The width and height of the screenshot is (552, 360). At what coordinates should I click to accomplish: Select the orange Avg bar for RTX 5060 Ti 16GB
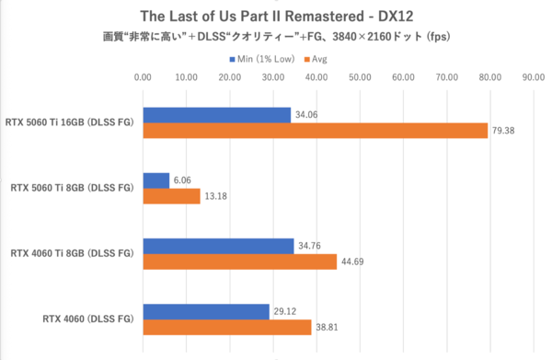pos(315,131)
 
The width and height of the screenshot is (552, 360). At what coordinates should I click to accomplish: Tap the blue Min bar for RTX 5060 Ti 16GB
pos(216,115)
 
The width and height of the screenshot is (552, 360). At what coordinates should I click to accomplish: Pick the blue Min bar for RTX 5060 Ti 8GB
pos(155,180)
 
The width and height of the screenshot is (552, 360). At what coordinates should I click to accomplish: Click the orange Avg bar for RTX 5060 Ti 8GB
pos(171,196)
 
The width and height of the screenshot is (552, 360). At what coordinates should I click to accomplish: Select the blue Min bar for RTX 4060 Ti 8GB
pos(218,247)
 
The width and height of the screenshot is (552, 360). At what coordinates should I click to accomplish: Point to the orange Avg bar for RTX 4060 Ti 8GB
pos(239,262)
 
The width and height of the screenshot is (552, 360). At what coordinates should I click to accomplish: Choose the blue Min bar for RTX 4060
pos(206,312)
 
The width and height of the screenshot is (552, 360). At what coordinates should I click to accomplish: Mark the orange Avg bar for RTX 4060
pos(226,328)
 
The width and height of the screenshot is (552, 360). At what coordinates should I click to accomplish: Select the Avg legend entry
pos(319,60)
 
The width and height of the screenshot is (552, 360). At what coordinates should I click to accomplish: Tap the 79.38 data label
pos(503,131)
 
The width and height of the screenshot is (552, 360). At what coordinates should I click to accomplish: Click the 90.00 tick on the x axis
pos(533,78)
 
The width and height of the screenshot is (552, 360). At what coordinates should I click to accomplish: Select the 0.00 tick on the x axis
pos(143,78)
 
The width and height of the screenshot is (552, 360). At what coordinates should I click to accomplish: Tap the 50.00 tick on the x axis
pos(360,78)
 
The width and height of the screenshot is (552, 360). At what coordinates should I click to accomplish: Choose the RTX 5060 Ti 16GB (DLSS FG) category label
pos(70,123)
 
